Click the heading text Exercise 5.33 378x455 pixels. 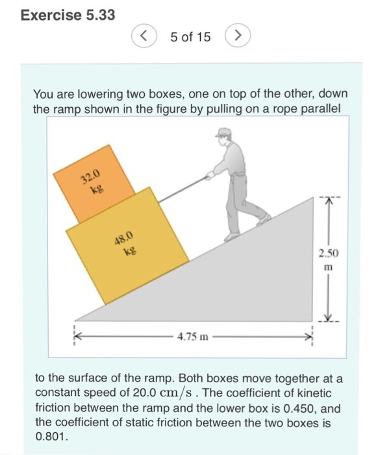(68, 14)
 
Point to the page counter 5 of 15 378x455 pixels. (190, 37)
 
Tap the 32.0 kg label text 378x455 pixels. (91, 179)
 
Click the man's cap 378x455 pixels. (224, 133)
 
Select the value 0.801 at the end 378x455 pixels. (49, 437)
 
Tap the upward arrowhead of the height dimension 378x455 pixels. (327, 203)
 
